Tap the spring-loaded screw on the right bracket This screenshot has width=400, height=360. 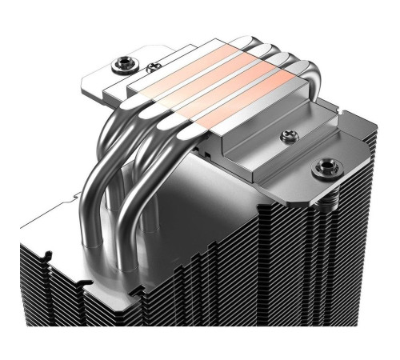(x=324, y=168)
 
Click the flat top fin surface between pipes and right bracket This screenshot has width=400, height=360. (x=240, y=184)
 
